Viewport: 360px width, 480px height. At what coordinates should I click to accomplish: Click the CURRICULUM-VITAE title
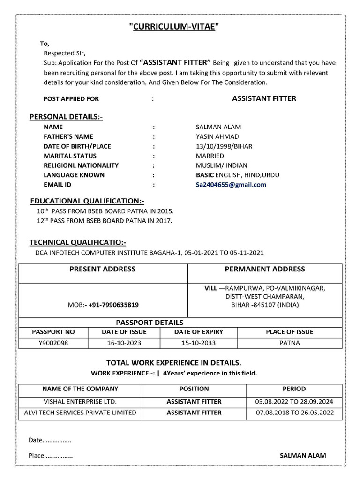point(174,28)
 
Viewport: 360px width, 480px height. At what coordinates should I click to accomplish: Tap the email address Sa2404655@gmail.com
point(231,185)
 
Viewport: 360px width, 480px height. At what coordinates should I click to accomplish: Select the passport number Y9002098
point(53,343)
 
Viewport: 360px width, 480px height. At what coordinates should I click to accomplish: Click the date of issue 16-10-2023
point(124,343)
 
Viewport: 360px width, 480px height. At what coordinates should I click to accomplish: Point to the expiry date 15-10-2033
point(199,343)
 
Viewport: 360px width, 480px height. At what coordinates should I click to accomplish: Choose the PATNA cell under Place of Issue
point(290,343)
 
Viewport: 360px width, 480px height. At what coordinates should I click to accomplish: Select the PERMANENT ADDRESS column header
point(265,269)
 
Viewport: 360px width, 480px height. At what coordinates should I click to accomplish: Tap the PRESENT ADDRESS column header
point(103,269)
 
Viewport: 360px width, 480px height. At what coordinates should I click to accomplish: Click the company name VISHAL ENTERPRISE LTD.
point(80,402)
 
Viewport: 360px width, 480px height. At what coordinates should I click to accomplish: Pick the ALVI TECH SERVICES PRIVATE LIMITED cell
point(80,413)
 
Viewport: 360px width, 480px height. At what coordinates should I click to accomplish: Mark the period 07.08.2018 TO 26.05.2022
point(294,413)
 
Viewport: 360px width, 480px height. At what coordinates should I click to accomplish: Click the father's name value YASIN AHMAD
point(217,136)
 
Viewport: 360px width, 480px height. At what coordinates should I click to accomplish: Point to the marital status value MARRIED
point(210,156)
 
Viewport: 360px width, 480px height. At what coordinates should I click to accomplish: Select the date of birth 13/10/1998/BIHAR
point(224,146)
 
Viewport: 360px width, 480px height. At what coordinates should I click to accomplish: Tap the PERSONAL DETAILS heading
point(66,117)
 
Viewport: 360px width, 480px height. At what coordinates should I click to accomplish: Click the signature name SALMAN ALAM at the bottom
point(303,455)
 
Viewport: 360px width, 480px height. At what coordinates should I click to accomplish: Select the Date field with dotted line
point(50,440)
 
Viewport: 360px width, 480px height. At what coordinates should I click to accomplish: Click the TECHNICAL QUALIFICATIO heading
point(78,242)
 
